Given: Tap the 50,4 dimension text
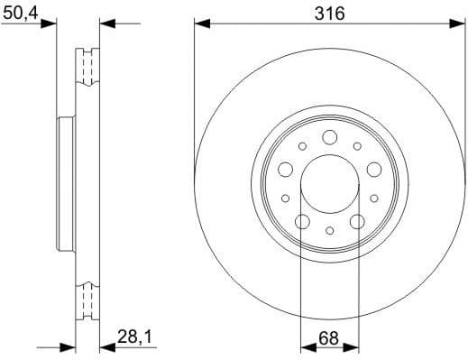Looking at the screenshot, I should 20,12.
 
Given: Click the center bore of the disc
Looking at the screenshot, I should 329,181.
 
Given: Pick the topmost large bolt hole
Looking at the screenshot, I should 329,137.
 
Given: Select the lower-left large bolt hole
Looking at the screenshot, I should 303,221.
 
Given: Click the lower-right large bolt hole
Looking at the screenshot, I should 356,221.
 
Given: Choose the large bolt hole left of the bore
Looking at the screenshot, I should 286,169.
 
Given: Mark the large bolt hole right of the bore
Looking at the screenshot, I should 372,169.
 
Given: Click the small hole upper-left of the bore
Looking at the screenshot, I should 303,145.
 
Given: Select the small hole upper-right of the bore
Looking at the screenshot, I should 357,145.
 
